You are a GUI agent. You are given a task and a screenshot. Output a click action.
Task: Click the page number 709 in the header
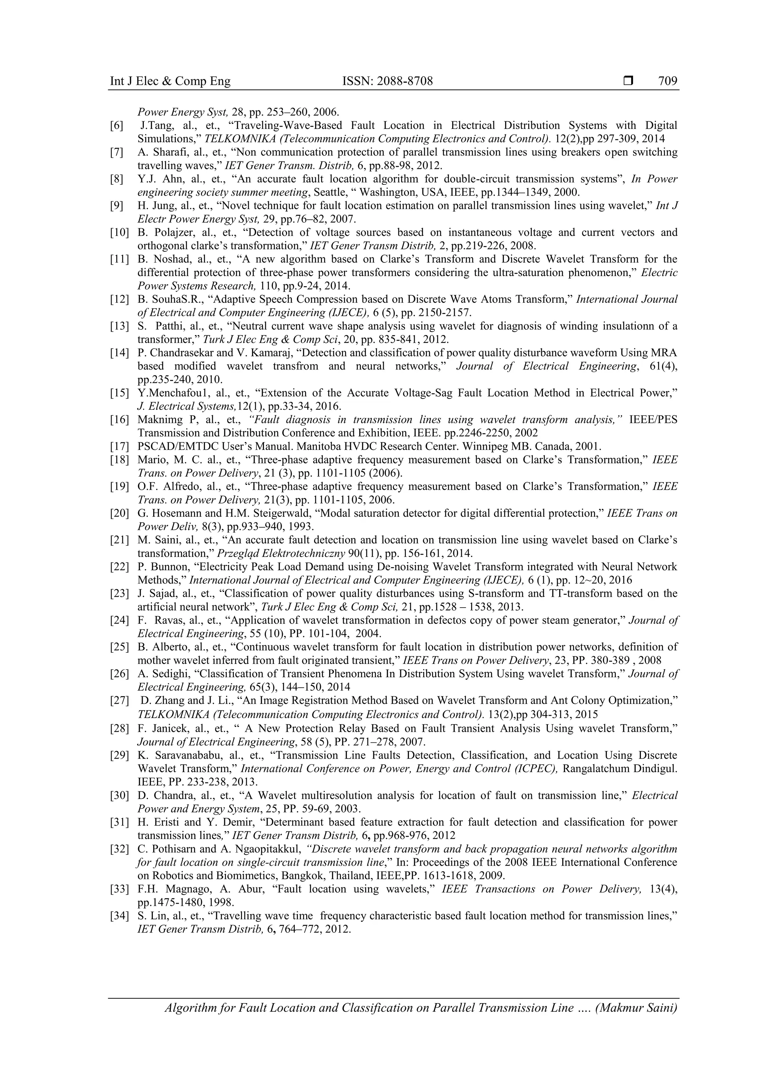click(668, 81)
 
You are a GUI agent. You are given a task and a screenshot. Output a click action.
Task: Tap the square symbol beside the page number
click(628, 81)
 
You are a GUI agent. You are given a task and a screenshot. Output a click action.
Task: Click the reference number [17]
click(119, 447)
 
